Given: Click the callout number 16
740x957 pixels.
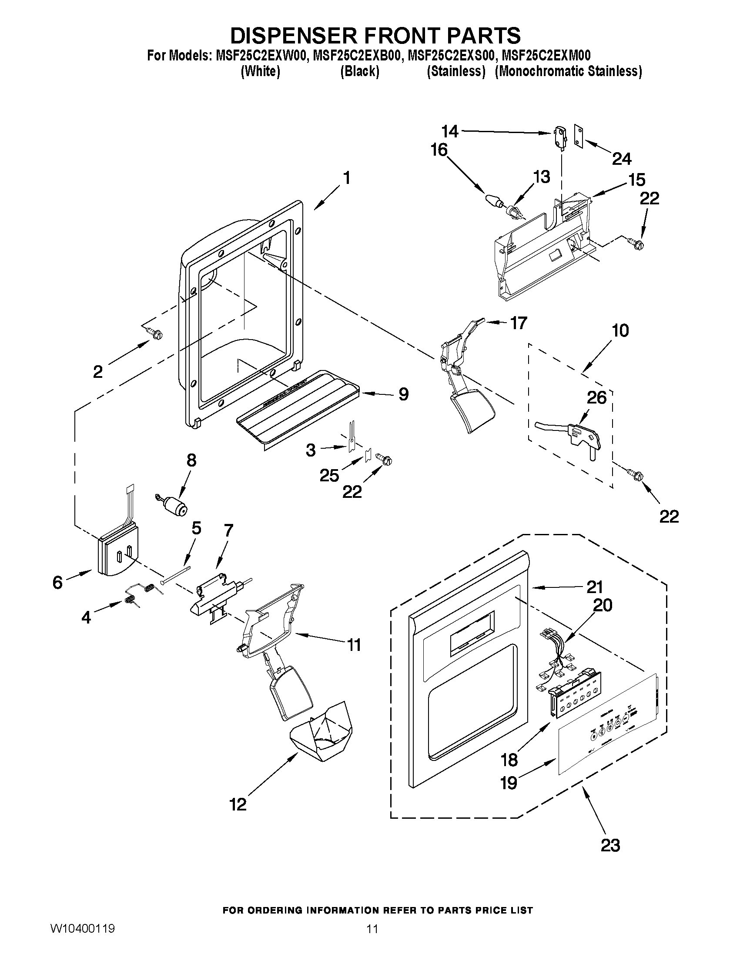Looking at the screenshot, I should point(439,150).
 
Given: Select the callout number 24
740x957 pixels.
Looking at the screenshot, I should point(621,159).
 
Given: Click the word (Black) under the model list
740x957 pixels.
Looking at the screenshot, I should point(359,71).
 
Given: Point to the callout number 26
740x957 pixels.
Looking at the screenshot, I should point(596,397).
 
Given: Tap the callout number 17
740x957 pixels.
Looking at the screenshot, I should point(519,323).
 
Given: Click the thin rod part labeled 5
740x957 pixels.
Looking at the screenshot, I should point(175,574).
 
